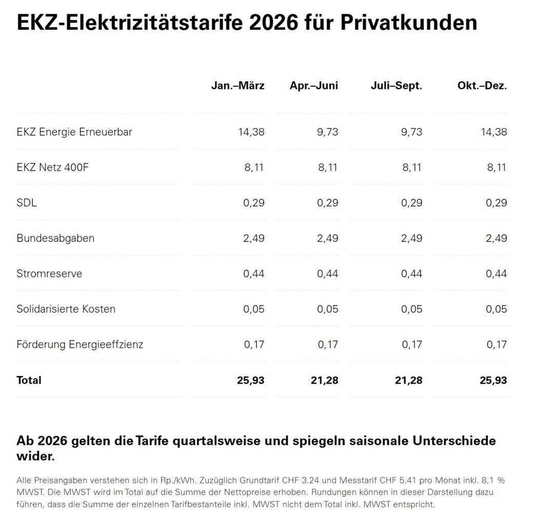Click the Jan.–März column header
pos(237,86)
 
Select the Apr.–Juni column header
pos(314,86)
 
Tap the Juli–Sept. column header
pos(397,86)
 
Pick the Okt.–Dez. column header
pos(482,86)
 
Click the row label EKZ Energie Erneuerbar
pos(74,132)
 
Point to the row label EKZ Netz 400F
pos(52,167)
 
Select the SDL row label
pos(27,203)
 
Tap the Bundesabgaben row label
pos(55,238)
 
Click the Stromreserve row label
pos(49,274)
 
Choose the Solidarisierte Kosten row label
pos(66,309)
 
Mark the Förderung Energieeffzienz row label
pos(80,345)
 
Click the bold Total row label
pos(29,381)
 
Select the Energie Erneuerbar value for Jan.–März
pos(251,132)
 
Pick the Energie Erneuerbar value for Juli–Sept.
pos(412,132)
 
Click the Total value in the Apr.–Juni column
pos(325,381)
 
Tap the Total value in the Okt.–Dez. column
pos(493,381)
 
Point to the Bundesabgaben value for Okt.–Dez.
pos(497,238)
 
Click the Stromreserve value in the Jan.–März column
pos(254,274)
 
